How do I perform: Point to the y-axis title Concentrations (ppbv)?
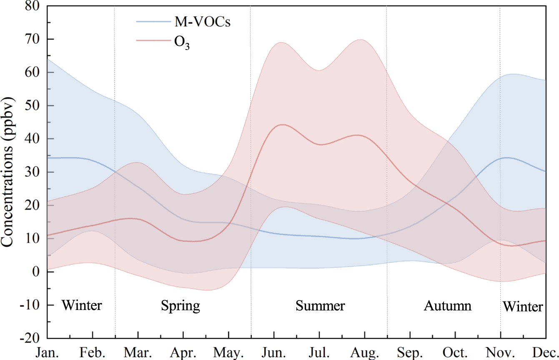(9, 172)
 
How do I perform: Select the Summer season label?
(320, 306)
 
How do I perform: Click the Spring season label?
(180, 306)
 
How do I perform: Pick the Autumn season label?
(448, 306)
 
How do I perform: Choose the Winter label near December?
(523, 307)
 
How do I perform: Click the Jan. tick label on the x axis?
(47, 352)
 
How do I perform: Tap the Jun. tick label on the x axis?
(274, 352)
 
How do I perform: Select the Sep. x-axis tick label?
(410, 352)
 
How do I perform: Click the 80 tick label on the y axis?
(33, 6)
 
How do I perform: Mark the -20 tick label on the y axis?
(30, 338)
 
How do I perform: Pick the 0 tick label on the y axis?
(38, 272)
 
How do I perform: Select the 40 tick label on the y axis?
(33, 139)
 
